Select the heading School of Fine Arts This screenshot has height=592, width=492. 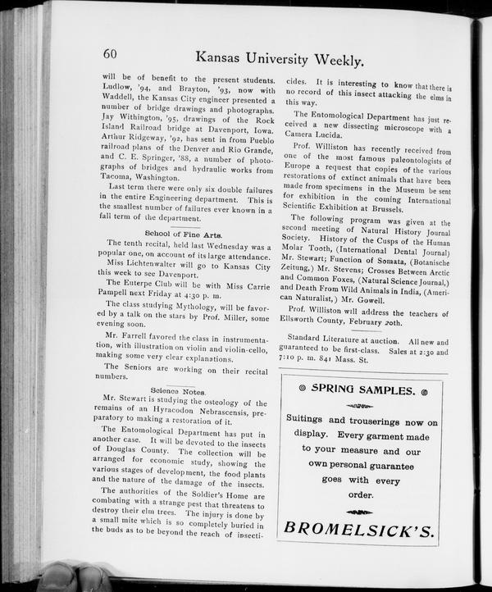pyautogui.click(x=184, y=234)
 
